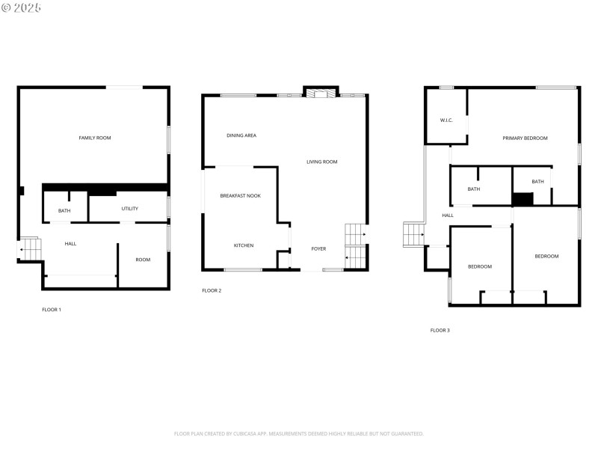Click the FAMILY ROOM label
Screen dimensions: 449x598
pyautogui.click(x=95, y=138)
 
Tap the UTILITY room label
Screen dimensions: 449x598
pyautogui.click(x=129, y=209)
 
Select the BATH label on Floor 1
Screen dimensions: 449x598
pyautogui.click(x=64, y=211)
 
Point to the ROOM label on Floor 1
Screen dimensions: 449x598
pyautogui.click(x=143, y=260)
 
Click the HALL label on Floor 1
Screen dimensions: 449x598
pyautogui.click(x=70, y=243)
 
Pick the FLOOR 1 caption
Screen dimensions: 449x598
pyautogui.click(x=52, y=309)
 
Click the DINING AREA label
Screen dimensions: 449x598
pyautogui.click(x=241, y=135)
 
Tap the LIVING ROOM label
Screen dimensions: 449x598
pyautogui.click(x=322, y=162)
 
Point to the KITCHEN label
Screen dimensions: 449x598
pyautogui.click(x=244, y=245)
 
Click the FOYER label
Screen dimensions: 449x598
pyautogui.click(x=318, y=248)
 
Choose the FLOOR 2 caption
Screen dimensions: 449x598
pyautogui.click(x=212, y=290)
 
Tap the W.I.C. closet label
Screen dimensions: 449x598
pyautogui.click(x=447, y=120)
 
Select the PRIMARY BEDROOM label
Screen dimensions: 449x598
pyautogui.click(x=525, y=138)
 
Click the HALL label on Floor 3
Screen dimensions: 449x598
pyautogui.click(x=448, y=216)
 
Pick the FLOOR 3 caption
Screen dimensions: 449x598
pyautogui.click(x=440, y=330)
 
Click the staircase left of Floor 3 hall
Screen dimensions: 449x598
pyautogui.click(x=413, y=234)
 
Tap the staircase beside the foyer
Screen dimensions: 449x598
pyautogui.click(x=356, y=246)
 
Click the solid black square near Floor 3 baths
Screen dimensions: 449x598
pyautogui.click(x=523, y=199)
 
